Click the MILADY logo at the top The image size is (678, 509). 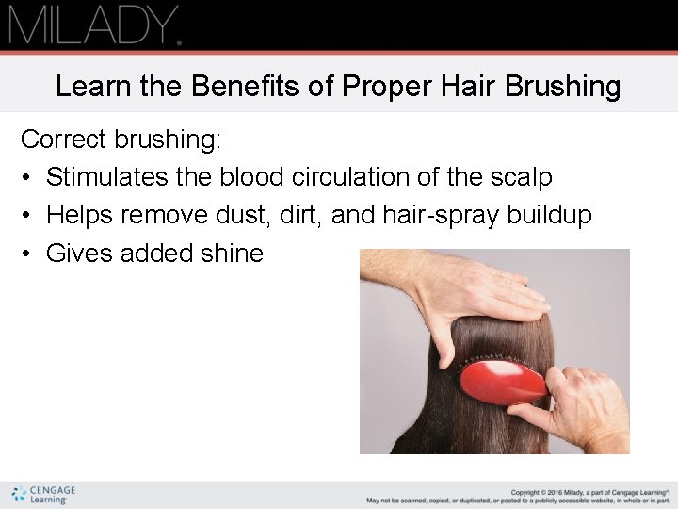(x=94, y=25)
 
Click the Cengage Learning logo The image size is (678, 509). (x=43, y=494)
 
